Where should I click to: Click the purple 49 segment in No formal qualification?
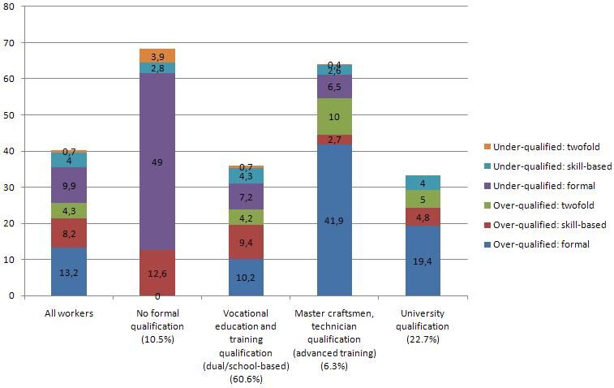click(157, 162)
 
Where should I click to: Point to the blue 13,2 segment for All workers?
click(69, 272)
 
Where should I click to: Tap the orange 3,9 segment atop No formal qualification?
click(157, 55)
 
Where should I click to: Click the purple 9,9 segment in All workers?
click(69, 185)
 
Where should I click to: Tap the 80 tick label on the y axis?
click(12, 6)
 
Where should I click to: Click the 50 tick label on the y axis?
click(12, 114)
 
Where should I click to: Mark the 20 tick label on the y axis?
click(12, 223)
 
